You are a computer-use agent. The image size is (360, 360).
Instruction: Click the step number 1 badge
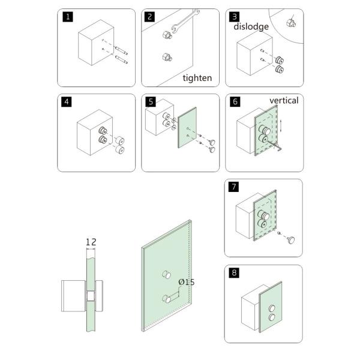(68, 17)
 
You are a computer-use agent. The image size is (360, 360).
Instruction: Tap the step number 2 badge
(149, 17)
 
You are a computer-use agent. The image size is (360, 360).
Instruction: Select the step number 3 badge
(235, 17)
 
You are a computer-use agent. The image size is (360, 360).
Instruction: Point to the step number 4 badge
(67, 102)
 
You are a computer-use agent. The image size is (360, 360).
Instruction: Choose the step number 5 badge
(151, 102)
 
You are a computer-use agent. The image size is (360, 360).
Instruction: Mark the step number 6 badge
(235, 102)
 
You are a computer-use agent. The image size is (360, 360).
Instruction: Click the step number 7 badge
(234, 187)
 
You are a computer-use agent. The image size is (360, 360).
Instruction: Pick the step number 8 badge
(234, 272)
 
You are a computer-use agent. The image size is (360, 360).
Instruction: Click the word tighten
(197, 78)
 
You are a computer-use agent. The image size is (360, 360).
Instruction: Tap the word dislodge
(251, 26)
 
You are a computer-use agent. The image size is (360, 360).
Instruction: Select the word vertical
(284, 100)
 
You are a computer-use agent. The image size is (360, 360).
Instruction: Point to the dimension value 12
(91, 242)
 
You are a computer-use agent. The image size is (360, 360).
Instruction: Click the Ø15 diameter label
(187, 282)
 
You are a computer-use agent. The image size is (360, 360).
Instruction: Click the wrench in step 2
(185, 22)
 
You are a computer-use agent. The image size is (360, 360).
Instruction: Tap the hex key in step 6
(274, 146)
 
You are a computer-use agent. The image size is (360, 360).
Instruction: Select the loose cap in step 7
(291, 240)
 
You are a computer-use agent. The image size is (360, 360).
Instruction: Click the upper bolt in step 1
(121, 50)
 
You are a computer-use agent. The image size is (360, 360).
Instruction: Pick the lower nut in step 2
(167, 57)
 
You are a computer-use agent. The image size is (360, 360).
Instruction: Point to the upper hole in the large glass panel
(167, 274)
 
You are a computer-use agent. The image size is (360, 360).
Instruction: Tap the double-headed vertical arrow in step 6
(280, 125)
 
